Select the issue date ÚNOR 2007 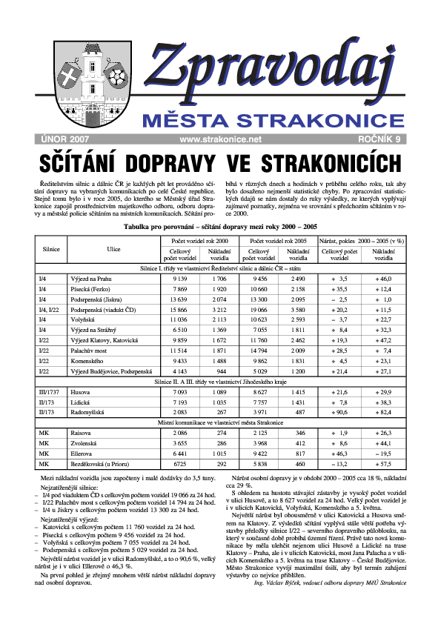pos(63,139)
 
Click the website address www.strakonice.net pos(221,139)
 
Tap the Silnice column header pos(51,250)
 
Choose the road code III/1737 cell pos(51,390)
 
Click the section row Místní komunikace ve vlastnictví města pos(221,421)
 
